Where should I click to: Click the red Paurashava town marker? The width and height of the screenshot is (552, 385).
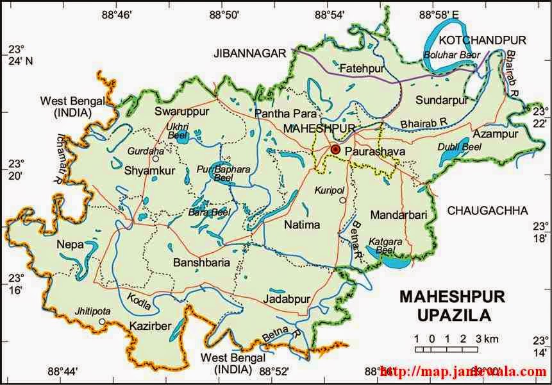click(x=335, y=150)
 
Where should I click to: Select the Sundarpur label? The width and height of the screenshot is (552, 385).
click(x=440, y=100)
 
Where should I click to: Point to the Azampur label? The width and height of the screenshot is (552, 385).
click(x=496, y=134)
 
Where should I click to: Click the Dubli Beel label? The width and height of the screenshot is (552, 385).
click(x=460, y=148)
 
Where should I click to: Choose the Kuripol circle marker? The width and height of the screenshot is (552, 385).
click(x=343, y=201)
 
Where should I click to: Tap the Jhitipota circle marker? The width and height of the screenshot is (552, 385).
click(x=102, y=321)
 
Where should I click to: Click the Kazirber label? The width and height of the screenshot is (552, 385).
click(x=150, y=326)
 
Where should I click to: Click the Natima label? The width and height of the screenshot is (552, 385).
click(x=301, y=224)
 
